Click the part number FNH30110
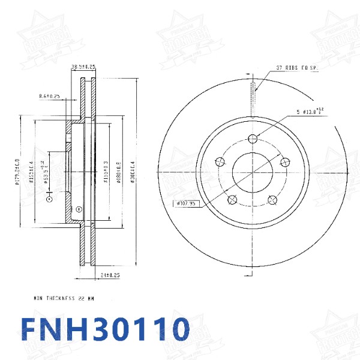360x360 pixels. pos(105,329)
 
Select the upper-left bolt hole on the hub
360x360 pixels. pos(219,161)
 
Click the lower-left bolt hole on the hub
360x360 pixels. pos(232,200)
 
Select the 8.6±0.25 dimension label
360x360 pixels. pos(49,96)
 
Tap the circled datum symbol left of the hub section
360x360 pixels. pos(49,197)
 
